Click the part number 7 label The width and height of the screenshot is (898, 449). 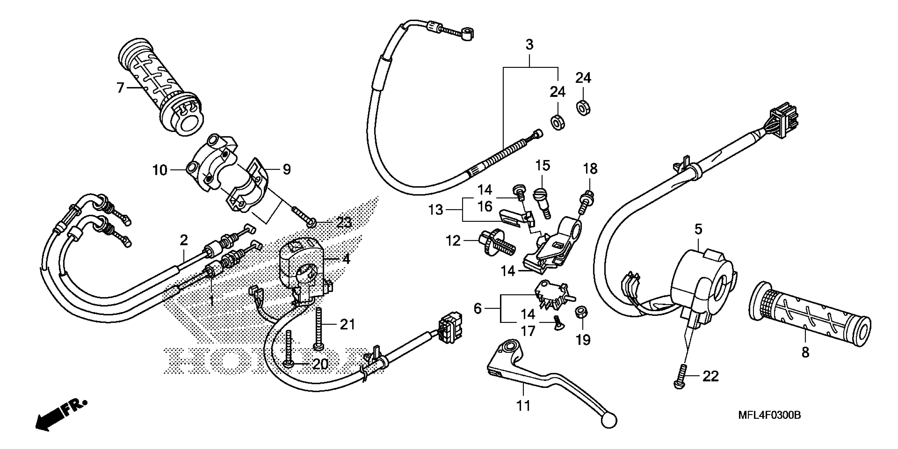click(120, 88)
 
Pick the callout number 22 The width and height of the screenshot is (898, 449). click(710, 376)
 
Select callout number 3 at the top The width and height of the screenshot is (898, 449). click(529, 45)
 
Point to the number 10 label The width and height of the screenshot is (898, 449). click(160, 170)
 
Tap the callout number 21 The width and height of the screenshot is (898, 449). click(347, 324)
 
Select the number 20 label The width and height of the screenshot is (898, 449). click(320, 364)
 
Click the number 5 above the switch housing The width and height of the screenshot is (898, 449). click(698, 229)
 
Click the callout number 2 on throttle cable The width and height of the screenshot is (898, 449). click(184, 240)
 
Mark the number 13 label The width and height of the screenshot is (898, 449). click(436, 210)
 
